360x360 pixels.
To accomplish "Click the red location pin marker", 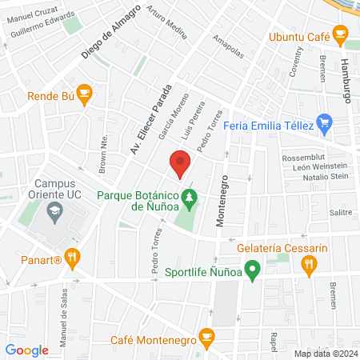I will pyautogui.click(x=180, y=166).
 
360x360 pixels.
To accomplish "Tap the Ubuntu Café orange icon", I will pyautogui.click(x=340, y=35).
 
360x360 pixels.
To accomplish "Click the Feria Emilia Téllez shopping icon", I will pyautogui.click(x=323, y=123).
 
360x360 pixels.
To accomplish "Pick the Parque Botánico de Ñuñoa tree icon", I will pyautogui.click(x=189, y=194).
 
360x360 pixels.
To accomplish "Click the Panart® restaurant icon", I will pyautogui.click(x=74, y=258).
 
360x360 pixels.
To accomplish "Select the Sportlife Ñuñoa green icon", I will pyautogui.click(x=252, y=270).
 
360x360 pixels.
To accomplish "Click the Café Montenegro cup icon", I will pyautogui.click(x=206, y=336).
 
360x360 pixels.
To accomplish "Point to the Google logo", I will pyautogui.click(x=27, y=350).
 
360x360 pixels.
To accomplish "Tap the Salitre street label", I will pyautogui.click(x=342, y=212).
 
